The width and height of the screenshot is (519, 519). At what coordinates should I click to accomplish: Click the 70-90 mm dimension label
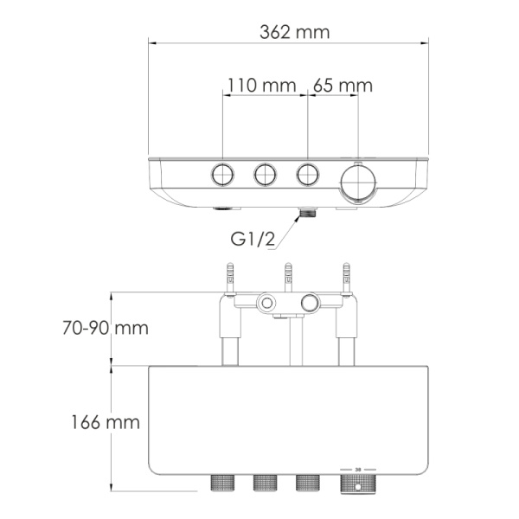click(106, 329)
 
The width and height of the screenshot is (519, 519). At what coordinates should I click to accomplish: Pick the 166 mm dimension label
click(106, 423)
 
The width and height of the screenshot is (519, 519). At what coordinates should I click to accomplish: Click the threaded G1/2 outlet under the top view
click(307, 212)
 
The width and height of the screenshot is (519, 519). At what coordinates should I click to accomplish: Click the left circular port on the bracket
click(266, 303)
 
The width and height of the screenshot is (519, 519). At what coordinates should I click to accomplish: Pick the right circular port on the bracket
click(310, 303)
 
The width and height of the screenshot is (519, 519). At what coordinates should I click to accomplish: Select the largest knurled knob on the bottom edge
click(358, 483)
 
